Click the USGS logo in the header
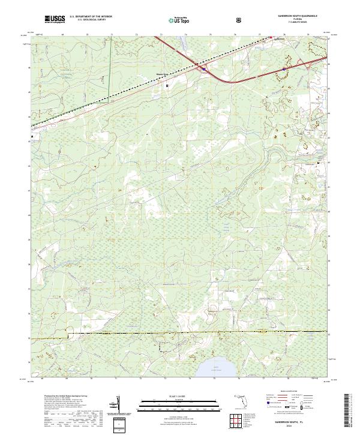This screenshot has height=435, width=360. (x=55, y=20)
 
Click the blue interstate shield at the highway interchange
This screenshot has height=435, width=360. (x=204, y=69)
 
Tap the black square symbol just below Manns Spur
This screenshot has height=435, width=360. (x=167, y=86)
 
